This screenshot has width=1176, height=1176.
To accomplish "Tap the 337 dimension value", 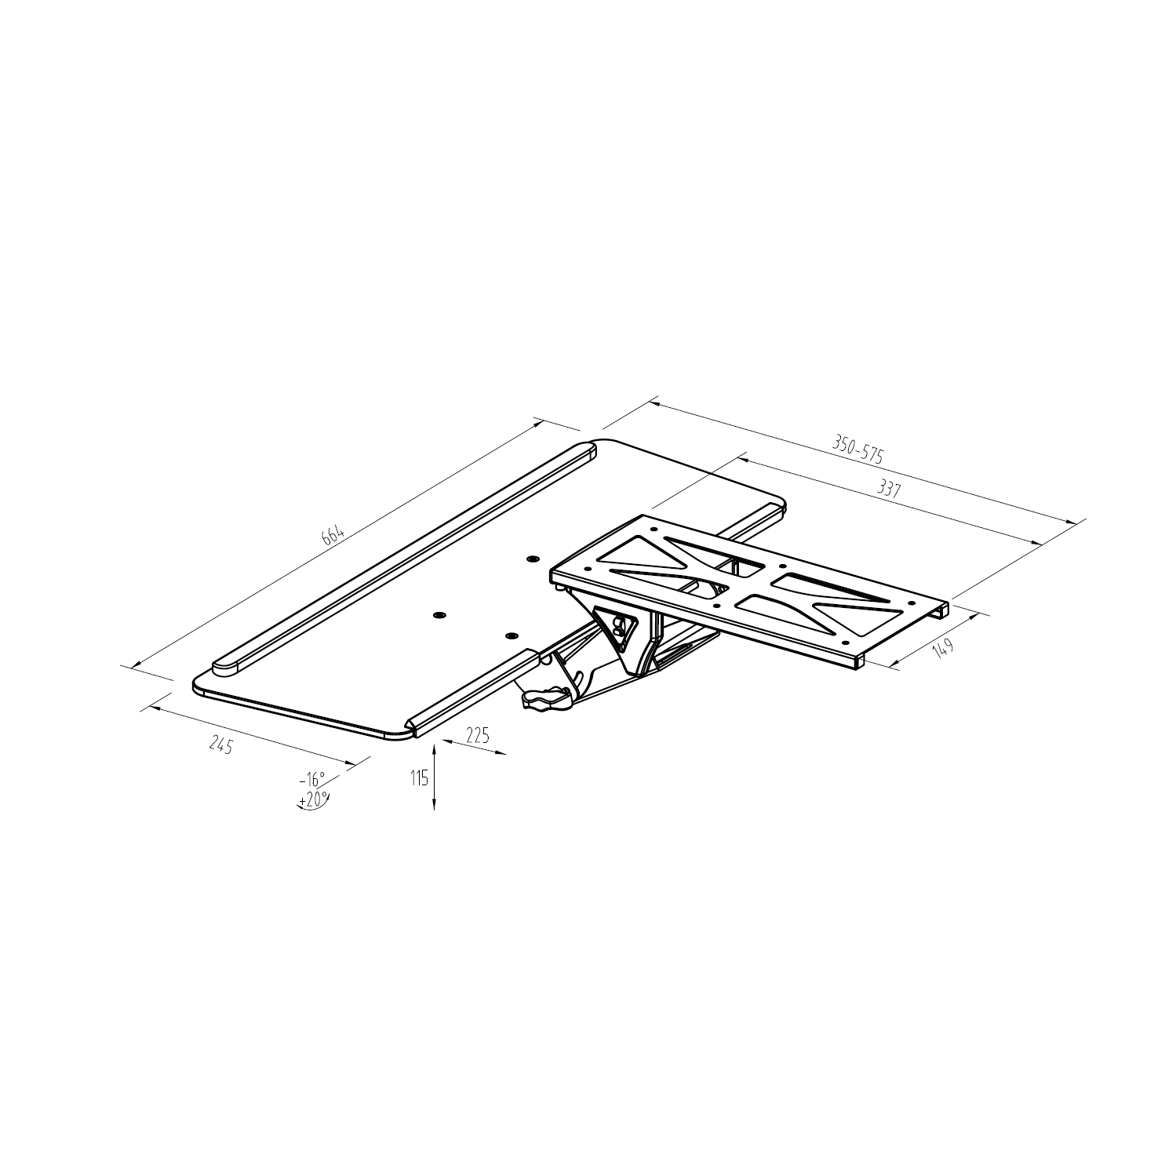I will click(888, 490).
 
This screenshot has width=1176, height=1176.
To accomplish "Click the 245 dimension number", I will click(221, 745).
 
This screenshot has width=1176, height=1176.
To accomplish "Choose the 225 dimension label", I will click(477, 735).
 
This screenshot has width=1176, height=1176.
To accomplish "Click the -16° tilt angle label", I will click(311, 780).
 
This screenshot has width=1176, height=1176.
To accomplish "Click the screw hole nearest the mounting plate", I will click(533, 559).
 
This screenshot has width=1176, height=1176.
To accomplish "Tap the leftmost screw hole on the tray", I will click(438, 616).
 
